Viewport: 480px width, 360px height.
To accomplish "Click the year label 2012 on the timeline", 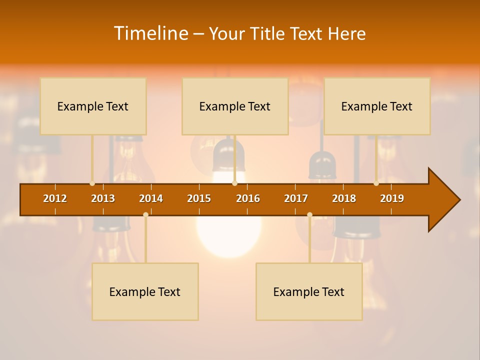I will (55, 198).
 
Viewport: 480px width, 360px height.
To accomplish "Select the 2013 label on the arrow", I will (103, 198).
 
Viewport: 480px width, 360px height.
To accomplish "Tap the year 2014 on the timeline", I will (151, 198).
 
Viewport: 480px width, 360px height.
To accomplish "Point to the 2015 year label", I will (199, 198).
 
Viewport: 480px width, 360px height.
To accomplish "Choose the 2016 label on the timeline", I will (248, 198).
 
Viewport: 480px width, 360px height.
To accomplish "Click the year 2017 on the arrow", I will (296, 198).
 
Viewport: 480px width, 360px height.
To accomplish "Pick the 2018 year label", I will (344, 198).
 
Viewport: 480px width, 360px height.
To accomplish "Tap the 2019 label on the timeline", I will (392, 198).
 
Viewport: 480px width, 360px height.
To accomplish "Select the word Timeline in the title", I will (150, 33).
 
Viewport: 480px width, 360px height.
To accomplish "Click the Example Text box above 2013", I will (93, 106).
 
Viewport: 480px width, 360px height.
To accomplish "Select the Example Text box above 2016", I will (235, 106).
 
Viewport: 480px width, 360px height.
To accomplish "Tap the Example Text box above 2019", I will (377, 106).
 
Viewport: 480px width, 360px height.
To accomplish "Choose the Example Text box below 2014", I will (145, 291).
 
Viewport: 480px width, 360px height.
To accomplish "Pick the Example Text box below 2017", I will (309, 291).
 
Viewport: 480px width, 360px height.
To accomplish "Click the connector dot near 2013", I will (92, 183).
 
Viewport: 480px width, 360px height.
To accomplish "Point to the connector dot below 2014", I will (145, 214).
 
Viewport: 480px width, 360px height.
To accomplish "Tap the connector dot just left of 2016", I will (234, 183).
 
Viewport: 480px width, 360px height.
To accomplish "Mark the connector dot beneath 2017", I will (309, 214).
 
